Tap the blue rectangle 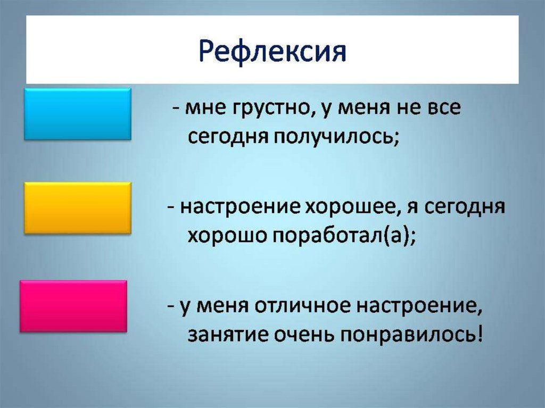(x=78, y=114)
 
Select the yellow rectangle (x=78, y=208)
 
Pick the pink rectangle (x=73, y=306)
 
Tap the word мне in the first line (x=204, y=109)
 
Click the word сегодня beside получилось (x=228, y=138)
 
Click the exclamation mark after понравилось (x=480, y=334)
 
